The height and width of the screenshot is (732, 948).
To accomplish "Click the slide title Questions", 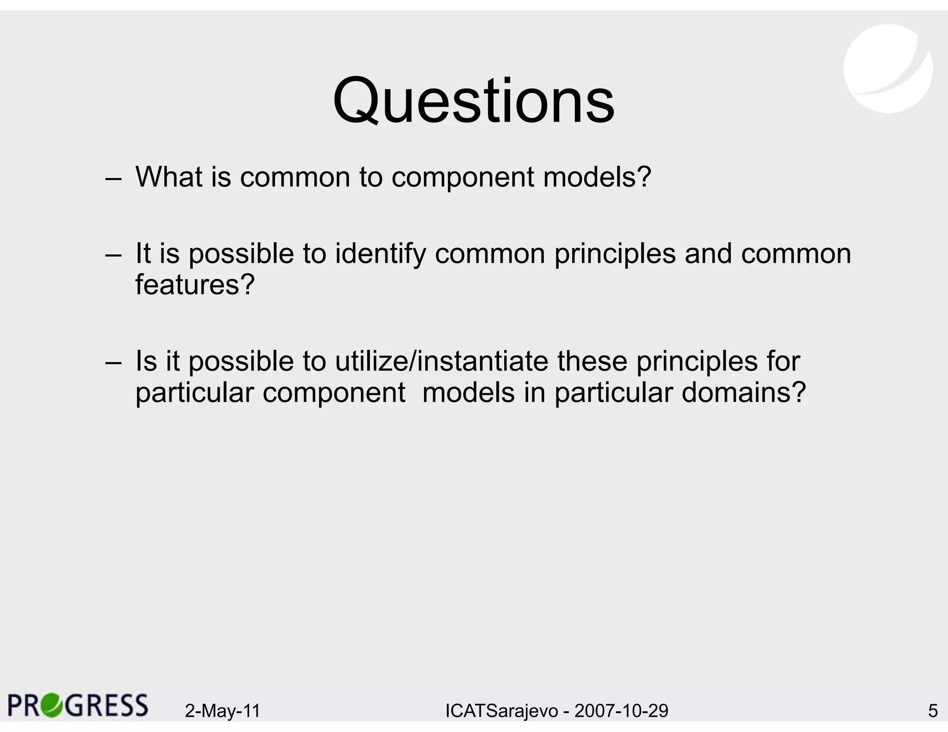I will (x=474, y=101).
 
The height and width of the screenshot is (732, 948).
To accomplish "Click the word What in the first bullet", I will (x=169, y=177).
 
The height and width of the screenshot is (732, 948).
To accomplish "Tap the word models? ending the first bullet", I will (x=597, y=177).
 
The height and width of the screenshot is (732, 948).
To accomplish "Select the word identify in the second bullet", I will (x=380, y=254).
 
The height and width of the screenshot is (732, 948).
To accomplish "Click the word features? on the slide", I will (x=195, y=284).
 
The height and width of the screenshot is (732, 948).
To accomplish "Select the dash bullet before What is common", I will (x=113, y=179).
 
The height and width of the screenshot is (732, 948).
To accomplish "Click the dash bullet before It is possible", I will (x=113, y=255).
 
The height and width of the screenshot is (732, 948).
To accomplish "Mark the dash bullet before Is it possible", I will (x=113, y=363).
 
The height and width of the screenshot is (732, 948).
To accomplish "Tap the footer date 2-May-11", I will (x=223, y=711).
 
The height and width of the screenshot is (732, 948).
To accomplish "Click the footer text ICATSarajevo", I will (x=502, y=711).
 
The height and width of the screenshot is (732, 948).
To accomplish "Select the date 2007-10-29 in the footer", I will (x=621, y=711).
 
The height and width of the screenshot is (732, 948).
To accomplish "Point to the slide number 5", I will (x=933, y=711).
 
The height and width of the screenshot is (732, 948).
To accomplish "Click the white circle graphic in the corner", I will (x=888, y=68).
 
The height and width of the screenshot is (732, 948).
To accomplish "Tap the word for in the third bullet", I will (x=783, y=361).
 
